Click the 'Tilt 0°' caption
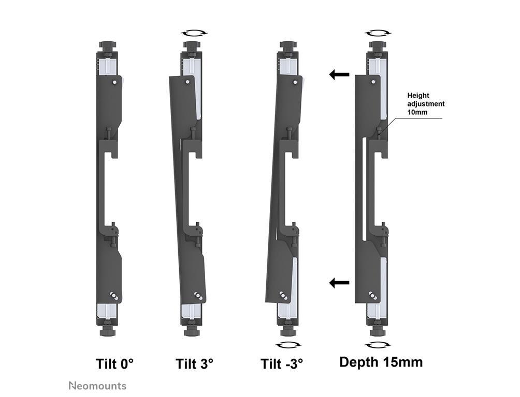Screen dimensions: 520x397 point(115,363)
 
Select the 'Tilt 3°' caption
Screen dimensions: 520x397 point(194,363)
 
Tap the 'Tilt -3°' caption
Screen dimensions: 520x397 point(282,363)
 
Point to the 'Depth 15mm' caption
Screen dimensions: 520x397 point(381,362)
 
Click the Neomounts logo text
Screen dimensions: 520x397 point(97,386)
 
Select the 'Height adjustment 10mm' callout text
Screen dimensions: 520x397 point(426,103)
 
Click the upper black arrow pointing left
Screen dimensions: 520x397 point(339,74)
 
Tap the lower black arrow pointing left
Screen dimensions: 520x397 point(339,283)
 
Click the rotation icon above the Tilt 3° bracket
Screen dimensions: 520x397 point(194,33)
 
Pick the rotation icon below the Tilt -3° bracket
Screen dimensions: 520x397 point(288,345)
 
